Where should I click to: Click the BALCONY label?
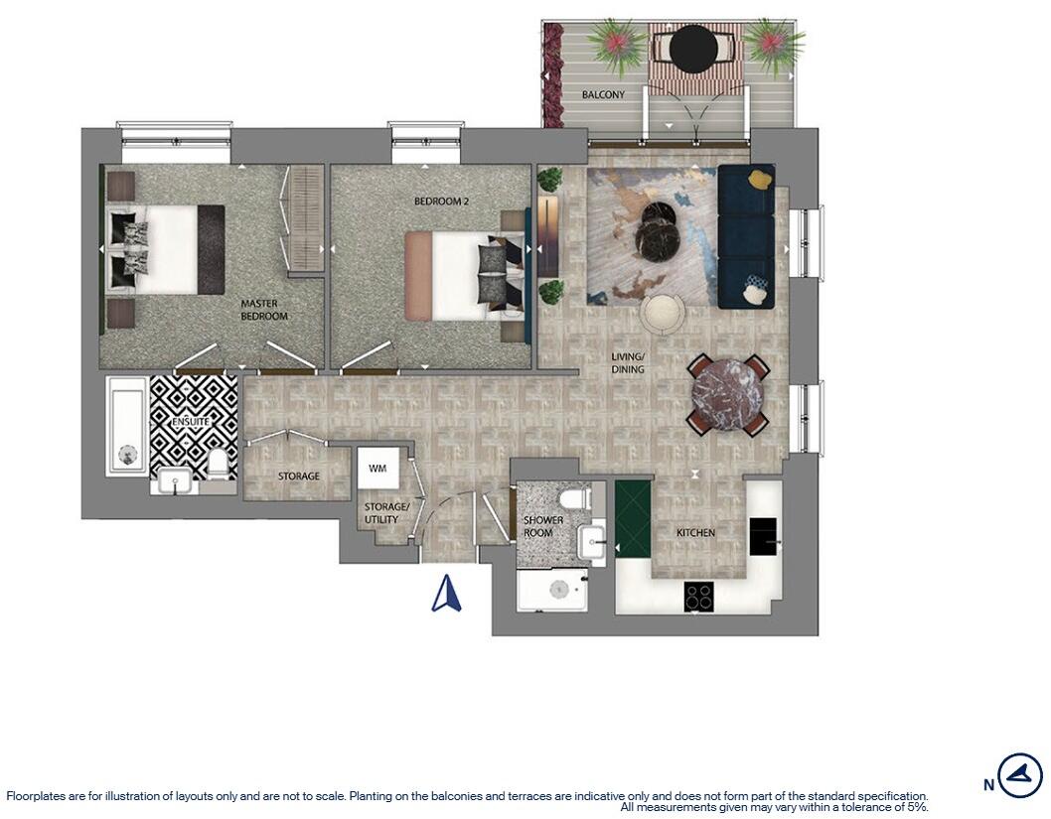pyautogui.click(x=604, y=95)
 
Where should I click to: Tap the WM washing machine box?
pyautogui.click(x=377, y=468)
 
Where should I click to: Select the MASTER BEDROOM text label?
pyautogui.click(x=263, y=310)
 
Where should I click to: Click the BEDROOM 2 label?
pyautogui.click(x=441, y=202)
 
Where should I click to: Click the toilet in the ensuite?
pyautogui.click(x=218, y=463)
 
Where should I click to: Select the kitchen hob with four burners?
pyautogui.click(x=698, y=596)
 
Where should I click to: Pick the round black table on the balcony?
pyautogui.click(x=693, y=47)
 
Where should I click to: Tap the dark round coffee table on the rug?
pyautogui.click(x=657, y=230)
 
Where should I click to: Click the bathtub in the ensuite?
pyautogui.click(x=126, y=427)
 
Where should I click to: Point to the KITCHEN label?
pyautogui.click(x=695, y=533)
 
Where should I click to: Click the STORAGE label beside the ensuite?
pyautogui.click(x=298, y=477)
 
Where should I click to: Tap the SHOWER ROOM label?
pyautogui.click(x=543, y=527)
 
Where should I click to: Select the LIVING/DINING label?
pyautogui.click(x=628, y=363)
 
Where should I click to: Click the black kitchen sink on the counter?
pyautogui.click(x=763, y=537)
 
